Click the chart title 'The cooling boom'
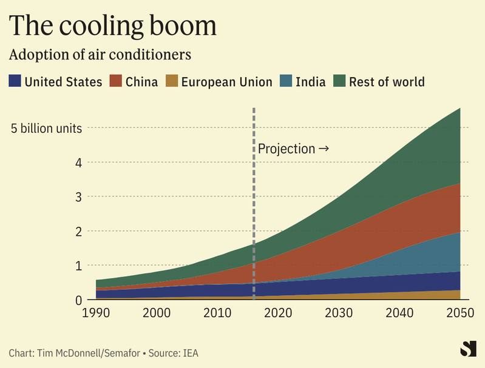(x=112, y=25)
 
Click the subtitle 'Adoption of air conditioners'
(x=100, y=55)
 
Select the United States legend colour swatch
(x=15, y=81)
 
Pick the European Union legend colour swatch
(x=172, y=81)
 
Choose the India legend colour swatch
(x=286, y=81)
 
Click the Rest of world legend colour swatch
(x=339, y=81)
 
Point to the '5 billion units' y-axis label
(x=46, y=129)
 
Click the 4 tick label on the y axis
(x=78, y=162)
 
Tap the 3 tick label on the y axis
(x=78, y=197)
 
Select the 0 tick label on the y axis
(x=78, y=300)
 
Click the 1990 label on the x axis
(x=96, y=313)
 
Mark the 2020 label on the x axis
(x=278, y=313)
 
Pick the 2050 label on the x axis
(x=460, y=313)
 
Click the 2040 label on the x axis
(x=399, y=313)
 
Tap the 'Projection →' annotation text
(x=293, y=149)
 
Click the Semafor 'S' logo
(x=468, y=349)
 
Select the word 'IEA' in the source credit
(x=190, y=353)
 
